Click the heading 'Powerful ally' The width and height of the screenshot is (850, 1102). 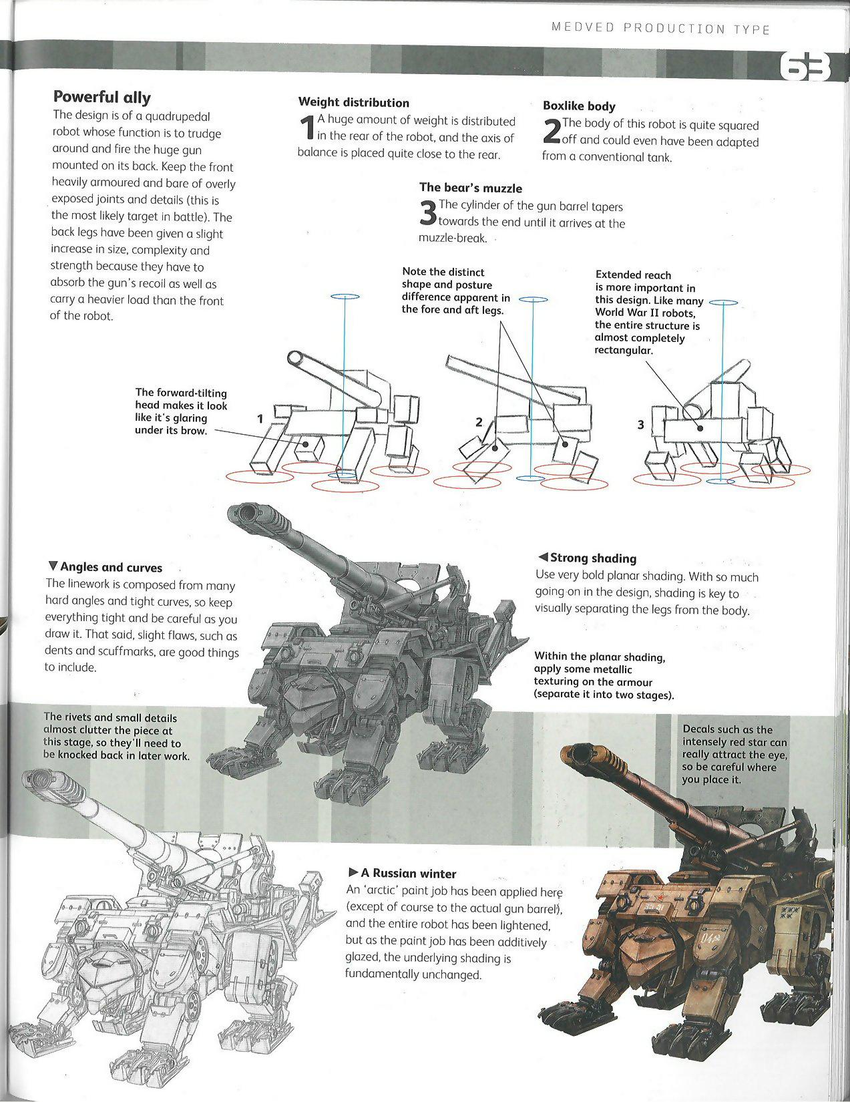pos(101,98)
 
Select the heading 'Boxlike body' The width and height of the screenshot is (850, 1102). pos(579,106)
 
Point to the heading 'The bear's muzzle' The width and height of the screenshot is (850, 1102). pos(471,188)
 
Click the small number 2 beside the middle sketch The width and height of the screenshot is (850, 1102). pos(479,421)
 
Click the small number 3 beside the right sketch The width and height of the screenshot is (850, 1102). pos(640,424)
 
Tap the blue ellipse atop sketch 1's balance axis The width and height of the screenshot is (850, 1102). pos(345,297)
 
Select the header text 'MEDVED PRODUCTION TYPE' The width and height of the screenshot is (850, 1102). pos(660,29)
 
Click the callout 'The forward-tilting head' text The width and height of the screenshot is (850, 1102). pos(181,411)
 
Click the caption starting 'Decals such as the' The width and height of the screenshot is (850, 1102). pos(734,754)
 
